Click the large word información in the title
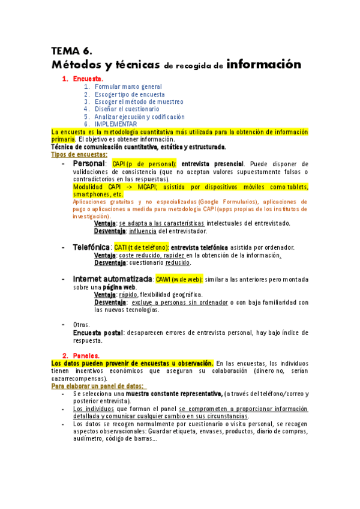tap(264, 64)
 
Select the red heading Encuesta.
tap(88, 79)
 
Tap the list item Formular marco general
tap(128, 87)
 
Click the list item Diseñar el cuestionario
tap(127, 109)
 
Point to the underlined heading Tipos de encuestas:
tap(79, 154)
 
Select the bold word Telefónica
tap(91, 247)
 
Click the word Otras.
tap(82, 325)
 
